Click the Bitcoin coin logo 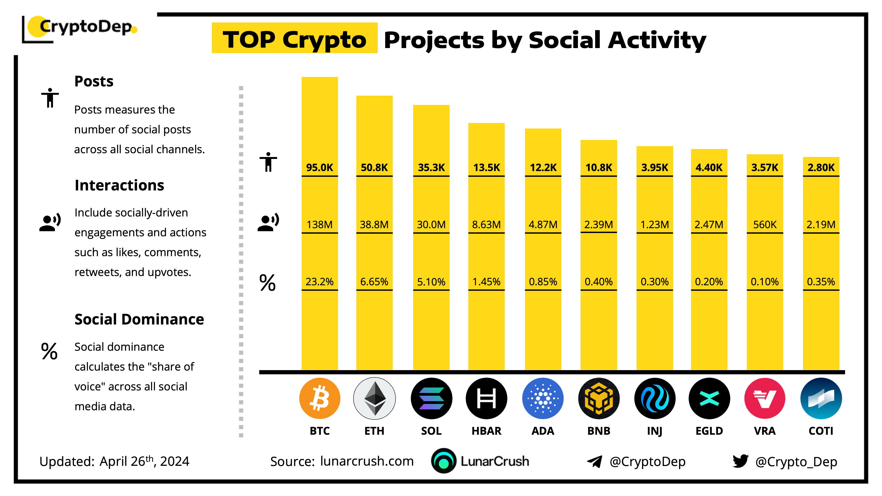(320, 398)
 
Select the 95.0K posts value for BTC (320, 167)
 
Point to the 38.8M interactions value (374, 225)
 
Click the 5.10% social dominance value (431, 282)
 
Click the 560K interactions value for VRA (764, 225)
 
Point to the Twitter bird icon (740, 461)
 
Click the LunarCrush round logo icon (444, 461)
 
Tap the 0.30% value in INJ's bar (654, 282)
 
